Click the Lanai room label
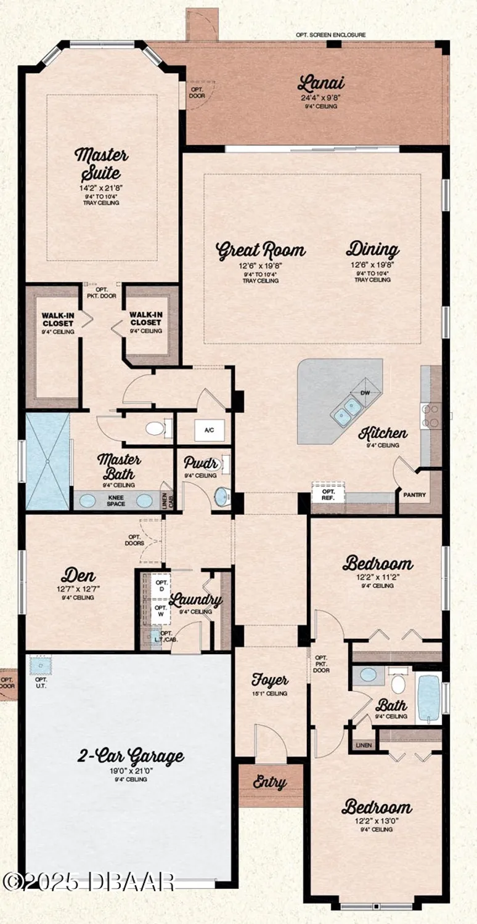pos(320,83)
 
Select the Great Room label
pos(261,250)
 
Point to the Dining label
pos(372,249)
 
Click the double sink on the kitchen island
pos(346,410)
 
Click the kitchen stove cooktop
pos(430,415)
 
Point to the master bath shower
pos(47,461)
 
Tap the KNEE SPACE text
pos(116,500)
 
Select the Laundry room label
pos(195,600)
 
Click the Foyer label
pos(270,680)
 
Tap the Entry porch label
pos(270,783)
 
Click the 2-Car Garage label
pos(130,756)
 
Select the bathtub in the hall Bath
pos(429,698)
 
